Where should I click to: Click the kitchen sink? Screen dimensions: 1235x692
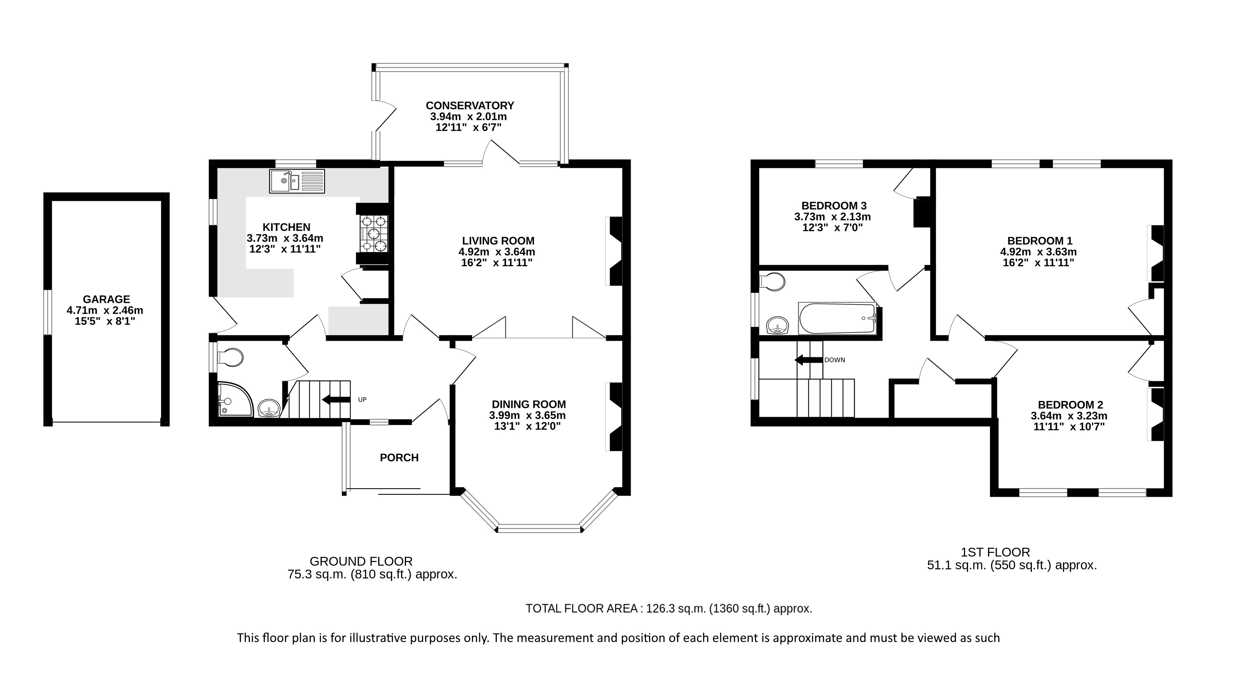(x=297, y=181)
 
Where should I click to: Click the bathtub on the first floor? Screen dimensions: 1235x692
(x=837, y=318)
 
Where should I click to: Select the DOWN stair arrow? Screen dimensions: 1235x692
(x=808, y=360)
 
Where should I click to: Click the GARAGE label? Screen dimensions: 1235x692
(x=107, y=299)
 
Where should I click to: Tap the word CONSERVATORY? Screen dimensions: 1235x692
(x=470, y=106)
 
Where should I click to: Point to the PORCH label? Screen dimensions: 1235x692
(x=399, y=458)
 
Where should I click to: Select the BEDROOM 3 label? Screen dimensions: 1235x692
(x=834, y=206)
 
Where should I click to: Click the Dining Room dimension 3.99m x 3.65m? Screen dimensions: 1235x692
(x=527, y=416)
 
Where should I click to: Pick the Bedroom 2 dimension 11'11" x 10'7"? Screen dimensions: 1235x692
(x=1069, y=427)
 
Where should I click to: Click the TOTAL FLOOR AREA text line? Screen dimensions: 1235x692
(x=669, y=608)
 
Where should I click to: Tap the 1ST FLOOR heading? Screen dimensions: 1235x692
(x=995, y=553)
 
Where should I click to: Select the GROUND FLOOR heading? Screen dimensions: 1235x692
(x=361, y=562)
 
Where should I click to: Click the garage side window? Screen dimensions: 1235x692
(x=47, y=312)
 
